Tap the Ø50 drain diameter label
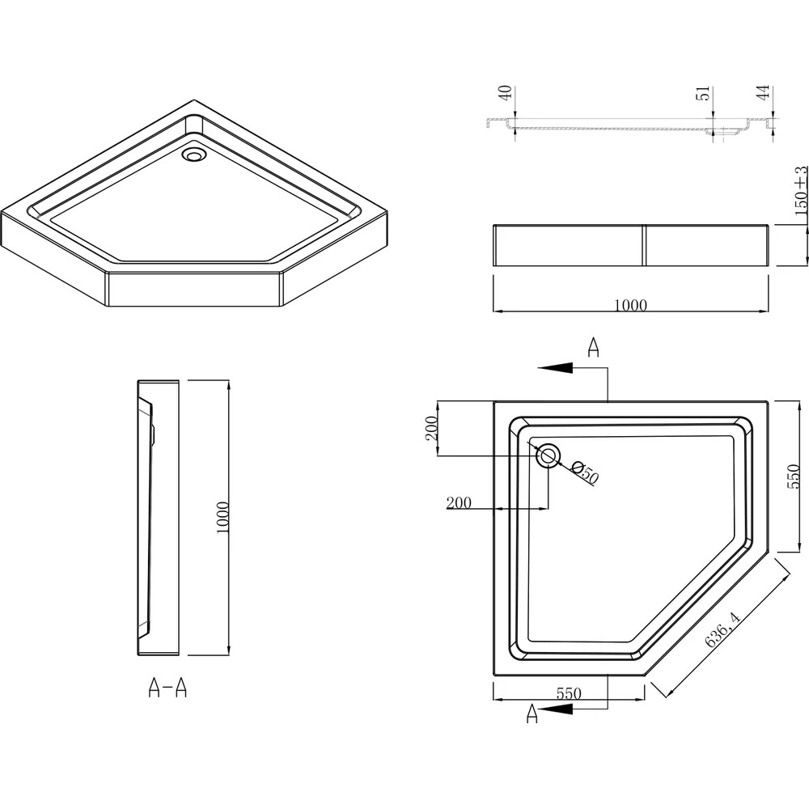point(586,472)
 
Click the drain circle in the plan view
point(548,455)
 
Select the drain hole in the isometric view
point(194,155)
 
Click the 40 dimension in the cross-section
point(506,93)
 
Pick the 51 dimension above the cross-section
point(705,93)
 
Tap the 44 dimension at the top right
point(765,92)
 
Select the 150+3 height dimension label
point(801,190)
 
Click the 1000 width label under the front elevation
point(630,306)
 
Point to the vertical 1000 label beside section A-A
point(222,518)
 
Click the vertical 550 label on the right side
point(794,477)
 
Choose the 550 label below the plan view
point(569,693)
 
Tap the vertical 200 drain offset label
point(431,428)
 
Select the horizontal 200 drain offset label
point(459,502)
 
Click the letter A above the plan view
point(593,347)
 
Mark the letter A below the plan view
point(532,714)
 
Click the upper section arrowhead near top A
point(555,367)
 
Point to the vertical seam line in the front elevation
point(644,246)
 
